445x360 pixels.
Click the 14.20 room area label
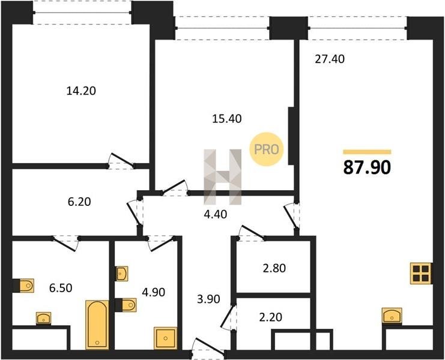tap(81, 91)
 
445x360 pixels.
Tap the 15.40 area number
tap(227, 118)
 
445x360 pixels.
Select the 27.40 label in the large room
tap(330, 59)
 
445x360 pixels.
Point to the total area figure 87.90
tap(368, 167)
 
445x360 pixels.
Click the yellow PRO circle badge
tap(266, 149)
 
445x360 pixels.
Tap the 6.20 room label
tap(79, 202)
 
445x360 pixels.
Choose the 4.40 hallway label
tap(216, 214)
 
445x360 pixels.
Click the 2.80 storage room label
tap(274, 268)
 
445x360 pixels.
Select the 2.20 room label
tap(271, 317)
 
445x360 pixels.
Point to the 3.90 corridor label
tap(208, 299)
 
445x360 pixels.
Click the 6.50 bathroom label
tap(61, 288)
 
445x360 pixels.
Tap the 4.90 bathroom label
tap(154, 292)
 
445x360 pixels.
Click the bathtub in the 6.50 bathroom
tap(97, 325)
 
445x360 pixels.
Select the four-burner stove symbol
tap(421, 273)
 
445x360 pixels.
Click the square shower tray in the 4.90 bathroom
tap(166, 338)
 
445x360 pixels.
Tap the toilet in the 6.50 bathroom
tap(26, 286)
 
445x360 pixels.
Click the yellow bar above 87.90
tap(368, 152)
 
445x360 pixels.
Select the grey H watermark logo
tap(222, 177)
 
